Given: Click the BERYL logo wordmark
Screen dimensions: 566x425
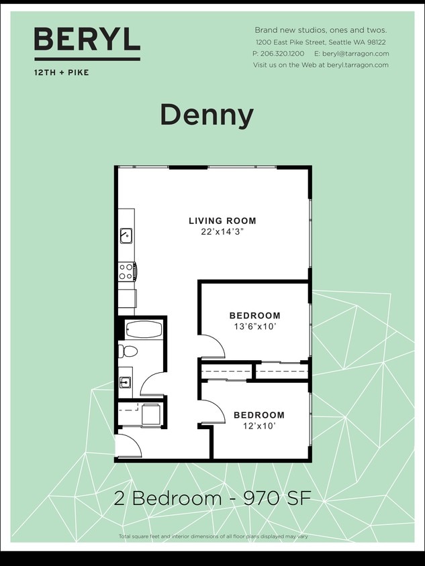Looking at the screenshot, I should (x=87, y=40).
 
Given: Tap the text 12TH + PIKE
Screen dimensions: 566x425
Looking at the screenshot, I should (x=61, y=72).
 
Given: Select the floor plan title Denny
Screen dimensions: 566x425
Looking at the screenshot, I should (x=207, y=115).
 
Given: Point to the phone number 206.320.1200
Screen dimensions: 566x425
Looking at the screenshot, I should (x=283, y=54).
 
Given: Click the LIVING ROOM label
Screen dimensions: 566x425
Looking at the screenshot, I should (x=222, y=221).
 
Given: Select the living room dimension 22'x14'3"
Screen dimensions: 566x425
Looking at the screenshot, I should (x=222, y=232).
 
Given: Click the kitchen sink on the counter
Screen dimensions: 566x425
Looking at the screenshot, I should (x=126, y=235).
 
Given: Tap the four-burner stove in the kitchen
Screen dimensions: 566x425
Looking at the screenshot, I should (x=126, y=271).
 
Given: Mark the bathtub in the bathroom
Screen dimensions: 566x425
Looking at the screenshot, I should (x=144, y=330).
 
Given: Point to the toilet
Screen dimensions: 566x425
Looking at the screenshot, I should (x=128, y=351).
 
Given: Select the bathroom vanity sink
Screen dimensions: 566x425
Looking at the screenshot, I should (x=126, y=382).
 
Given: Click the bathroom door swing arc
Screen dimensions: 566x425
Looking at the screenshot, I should (x=152, y=385).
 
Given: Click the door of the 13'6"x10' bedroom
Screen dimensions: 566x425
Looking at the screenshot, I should (x=212, y=347).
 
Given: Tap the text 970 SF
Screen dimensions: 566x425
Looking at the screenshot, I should (x=277, y=499).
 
